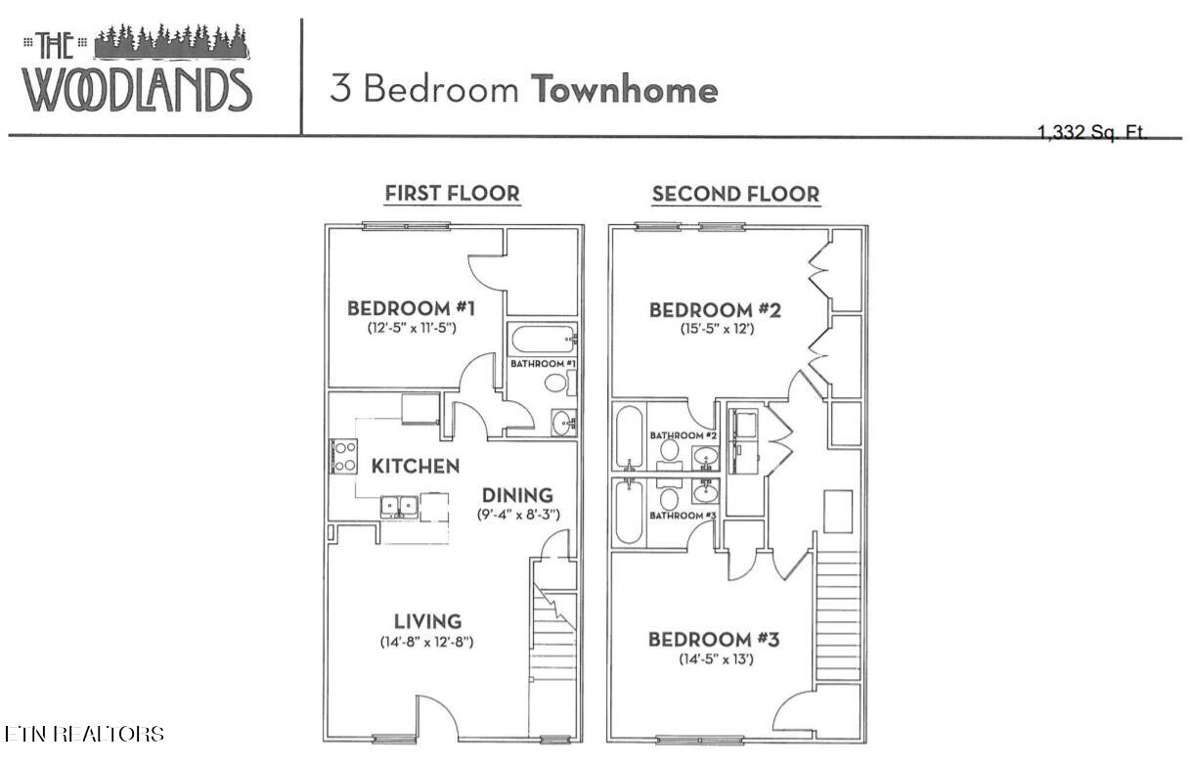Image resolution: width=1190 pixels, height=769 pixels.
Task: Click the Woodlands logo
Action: tap(137, 68)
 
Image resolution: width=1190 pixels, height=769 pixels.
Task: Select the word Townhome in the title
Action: tap(624, 90)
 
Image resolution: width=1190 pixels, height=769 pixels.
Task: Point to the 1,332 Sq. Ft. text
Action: tap(1092, 133)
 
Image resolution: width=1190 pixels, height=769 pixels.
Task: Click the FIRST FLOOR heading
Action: tap(452, 194)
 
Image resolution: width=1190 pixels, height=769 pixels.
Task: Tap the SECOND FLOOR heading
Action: tap(735, 194)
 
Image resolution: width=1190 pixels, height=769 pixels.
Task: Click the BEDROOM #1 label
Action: tap(411, 309)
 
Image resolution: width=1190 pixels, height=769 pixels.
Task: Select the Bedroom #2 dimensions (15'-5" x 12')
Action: tap(717, 330)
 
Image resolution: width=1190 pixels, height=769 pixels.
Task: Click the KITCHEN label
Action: tap(414, 466)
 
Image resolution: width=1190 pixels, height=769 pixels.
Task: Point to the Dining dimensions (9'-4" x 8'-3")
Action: tap(517, 515)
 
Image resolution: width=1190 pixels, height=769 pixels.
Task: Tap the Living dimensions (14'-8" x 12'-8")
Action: tap(427, 643)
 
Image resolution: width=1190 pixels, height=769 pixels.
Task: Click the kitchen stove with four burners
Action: tap(343, 457)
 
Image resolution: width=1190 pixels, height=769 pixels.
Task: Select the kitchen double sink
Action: tap(400, 506)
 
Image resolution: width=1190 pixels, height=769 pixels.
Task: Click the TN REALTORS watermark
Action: tap(84, 734)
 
